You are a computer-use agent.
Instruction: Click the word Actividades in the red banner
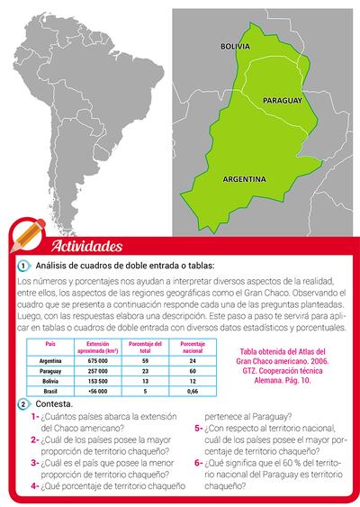click(x=87, y=246)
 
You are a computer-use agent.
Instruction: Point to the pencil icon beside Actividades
click(x=23, y=237)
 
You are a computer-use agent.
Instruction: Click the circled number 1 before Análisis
click(x=23, y=267)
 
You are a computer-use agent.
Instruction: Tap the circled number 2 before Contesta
click(x=23, y=404)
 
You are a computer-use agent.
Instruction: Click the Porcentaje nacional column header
click(x=186, y=347)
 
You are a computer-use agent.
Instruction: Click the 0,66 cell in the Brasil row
click(x=186, y=392)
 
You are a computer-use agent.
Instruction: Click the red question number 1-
click(x=34, y=417)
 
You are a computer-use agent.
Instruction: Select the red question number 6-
click(x=198, y=463)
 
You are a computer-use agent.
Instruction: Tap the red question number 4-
click(x=34, y=485)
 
